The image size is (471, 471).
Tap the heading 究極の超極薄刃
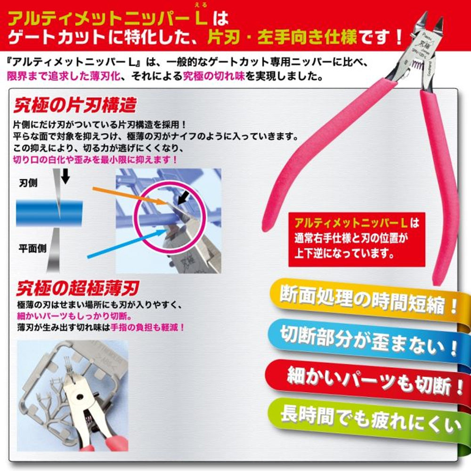tap(78, 287)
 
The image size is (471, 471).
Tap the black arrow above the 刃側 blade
tap(65, 176)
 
